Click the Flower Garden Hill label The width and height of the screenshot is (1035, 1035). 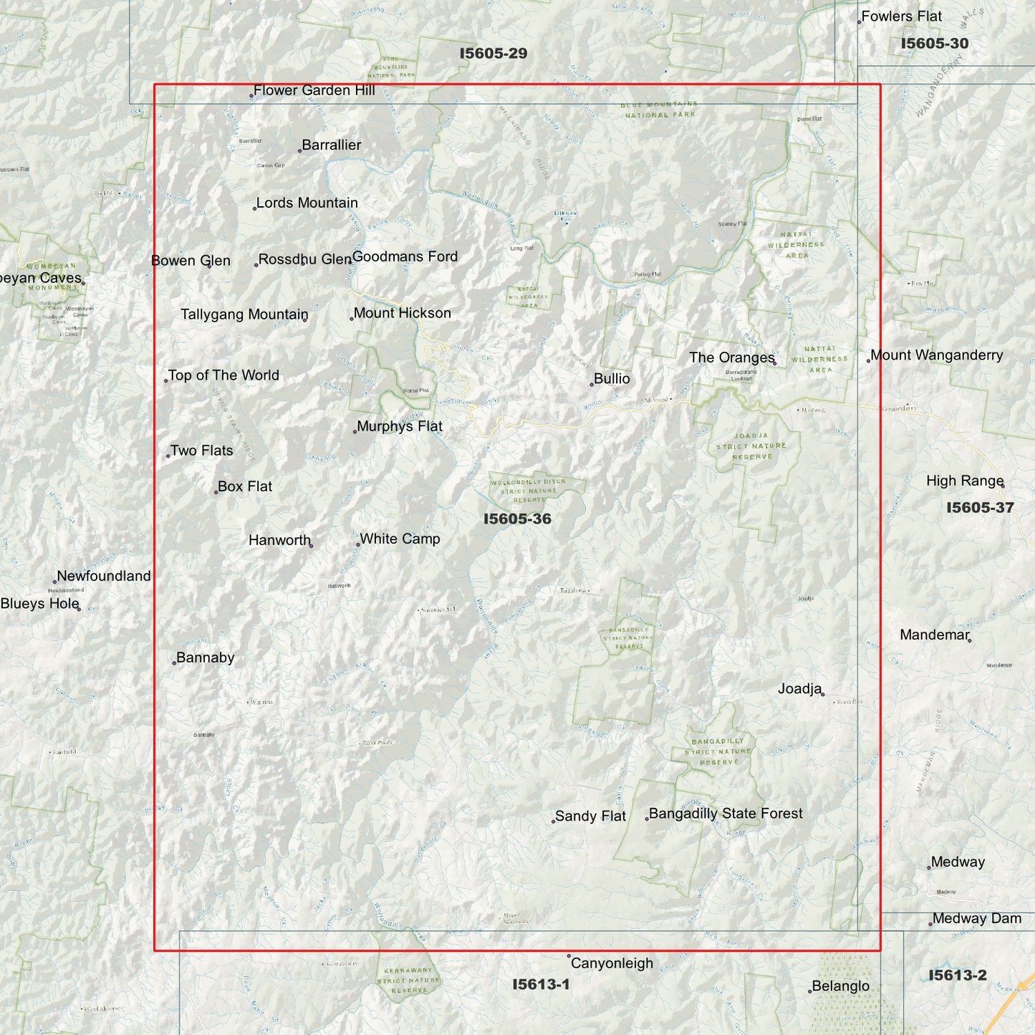pyautogui.click(x=314, y=90)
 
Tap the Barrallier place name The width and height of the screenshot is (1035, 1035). pyautogui.click(x=331, y=145)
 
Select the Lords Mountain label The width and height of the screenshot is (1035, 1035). pyautogui.click(x=307, y=203)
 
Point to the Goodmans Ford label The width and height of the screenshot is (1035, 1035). pyautogui.click(x=405, y=256)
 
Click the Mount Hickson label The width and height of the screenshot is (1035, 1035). pyautogui.click(x=402, y=313)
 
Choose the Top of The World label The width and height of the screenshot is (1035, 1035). pyautogui.click(x=223, y=375)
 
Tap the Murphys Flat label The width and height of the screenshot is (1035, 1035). pyautogui.click(x=399, y=426)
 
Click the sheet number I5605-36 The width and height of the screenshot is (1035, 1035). pyautogui.click(x=517, y=519)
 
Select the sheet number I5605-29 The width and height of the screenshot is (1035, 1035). pyautogui.click(x=494, y=54)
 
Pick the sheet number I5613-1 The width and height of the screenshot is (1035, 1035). pyautogui.click(x=541, y=985)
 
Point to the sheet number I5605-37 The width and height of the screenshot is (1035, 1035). pyautogui.click(x=980, y=508)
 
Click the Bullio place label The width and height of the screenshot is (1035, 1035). pyautogui.click(x=612, y=379)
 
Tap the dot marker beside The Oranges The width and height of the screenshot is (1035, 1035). pyautogui.click(x=775, y=363)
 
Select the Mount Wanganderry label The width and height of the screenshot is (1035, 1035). pyautogui.click(x=936, y=355)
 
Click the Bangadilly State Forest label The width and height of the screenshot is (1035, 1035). pyautogui.click(x=725, y=814)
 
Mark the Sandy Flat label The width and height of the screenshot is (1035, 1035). pyautogui.click(x=590, y=817)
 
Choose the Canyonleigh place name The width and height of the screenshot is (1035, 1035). pyautogui.click(x=612, y=963)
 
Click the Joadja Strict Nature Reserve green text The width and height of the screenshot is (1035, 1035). pyautogui.click(x=751, y=446)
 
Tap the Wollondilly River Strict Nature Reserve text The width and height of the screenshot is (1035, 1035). pyautogui.click(x=528, y=491)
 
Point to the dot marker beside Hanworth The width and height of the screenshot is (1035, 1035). pyautogui.click(x=311, y=546)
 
